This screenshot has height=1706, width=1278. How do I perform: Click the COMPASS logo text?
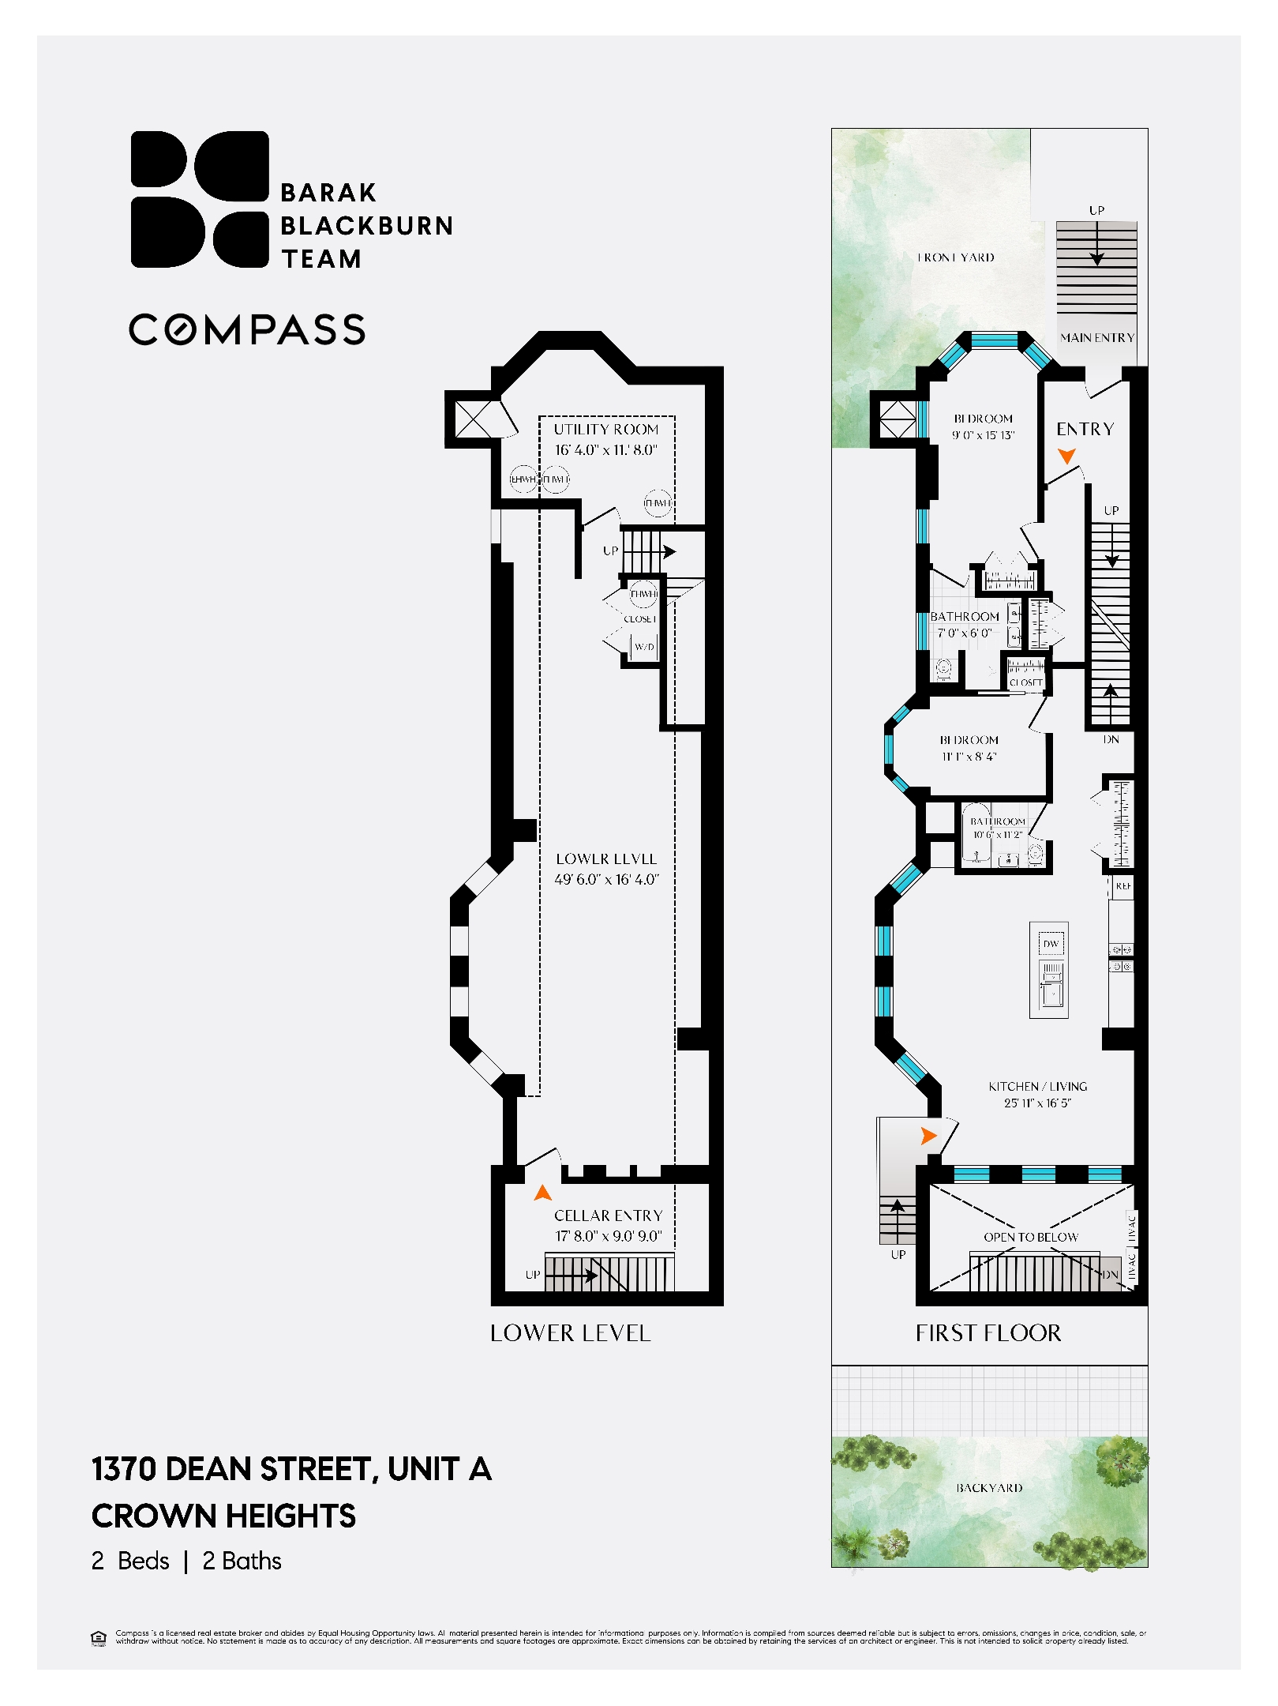coord(247,329)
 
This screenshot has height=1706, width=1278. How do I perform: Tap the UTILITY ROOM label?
coord(605,429)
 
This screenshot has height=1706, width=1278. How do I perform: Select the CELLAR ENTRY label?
coord(608,1216)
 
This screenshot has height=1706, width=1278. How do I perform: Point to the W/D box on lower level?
coord(644,647)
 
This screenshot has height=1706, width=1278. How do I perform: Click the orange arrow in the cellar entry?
coord(542,1192)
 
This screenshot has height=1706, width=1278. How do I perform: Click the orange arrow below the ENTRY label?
coord(1066,456)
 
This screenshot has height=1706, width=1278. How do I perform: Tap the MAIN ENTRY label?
coord(1097,337)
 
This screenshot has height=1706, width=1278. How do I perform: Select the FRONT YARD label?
coord(955,257)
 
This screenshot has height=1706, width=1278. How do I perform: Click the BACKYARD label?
coord(989,1488)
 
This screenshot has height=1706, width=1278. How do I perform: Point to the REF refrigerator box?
coord(1122,886)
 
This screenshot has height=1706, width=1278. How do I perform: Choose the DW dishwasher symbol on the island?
coord(1050,944)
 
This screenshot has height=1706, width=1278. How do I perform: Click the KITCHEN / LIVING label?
coord(1037,1087)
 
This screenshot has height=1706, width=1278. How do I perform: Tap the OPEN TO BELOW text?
coord(1030,1237)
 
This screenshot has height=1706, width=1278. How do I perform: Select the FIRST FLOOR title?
coord(988,1333)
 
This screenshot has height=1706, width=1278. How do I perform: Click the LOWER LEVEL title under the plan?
coord(570,1333)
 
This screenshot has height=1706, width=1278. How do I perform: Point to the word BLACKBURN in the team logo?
coord(367,226)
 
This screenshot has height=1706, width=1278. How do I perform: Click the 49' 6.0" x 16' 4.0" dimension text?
coord(606,879)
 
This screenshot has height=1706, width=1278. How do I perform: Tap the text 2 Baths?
coord(242,1561)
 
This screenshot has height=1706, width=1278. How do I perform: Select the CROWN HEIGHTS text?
coord(223,1516)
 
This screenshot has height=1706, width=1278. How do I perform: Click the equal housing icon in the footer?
coord(99,1637)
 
